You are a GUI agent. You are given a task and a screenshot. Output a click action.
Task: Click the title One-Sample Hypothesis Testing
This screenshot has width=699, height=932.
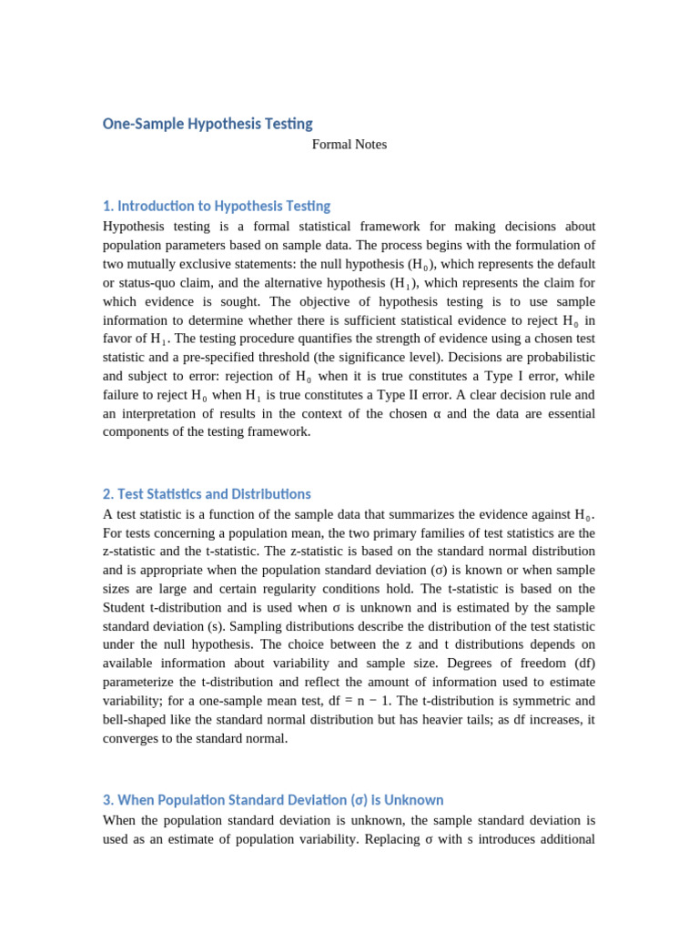pos(208,124)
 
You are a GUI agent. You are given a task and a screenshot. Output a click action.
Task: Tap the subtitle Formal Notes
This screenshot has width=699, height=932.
pos(349,145)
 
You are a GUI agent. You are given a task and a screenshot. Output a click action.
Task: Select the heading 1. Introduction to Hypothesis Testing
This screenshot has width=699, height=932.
pos(217,206)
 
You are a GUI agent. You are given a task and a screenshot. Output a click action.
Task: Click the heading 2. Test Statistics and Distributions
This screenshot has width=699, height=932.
pos(207,494)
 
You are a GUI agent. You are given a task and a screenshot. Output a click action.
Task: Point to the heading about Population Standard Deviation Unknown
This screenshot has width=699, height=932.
pos(273,800)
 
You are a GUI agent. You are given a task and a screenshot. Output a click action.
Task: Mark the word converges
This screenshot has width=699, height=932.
pos(133,738)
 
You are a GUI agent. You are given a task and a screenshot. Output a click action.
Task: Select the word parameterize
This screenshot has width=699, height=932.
pos(140,683)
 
